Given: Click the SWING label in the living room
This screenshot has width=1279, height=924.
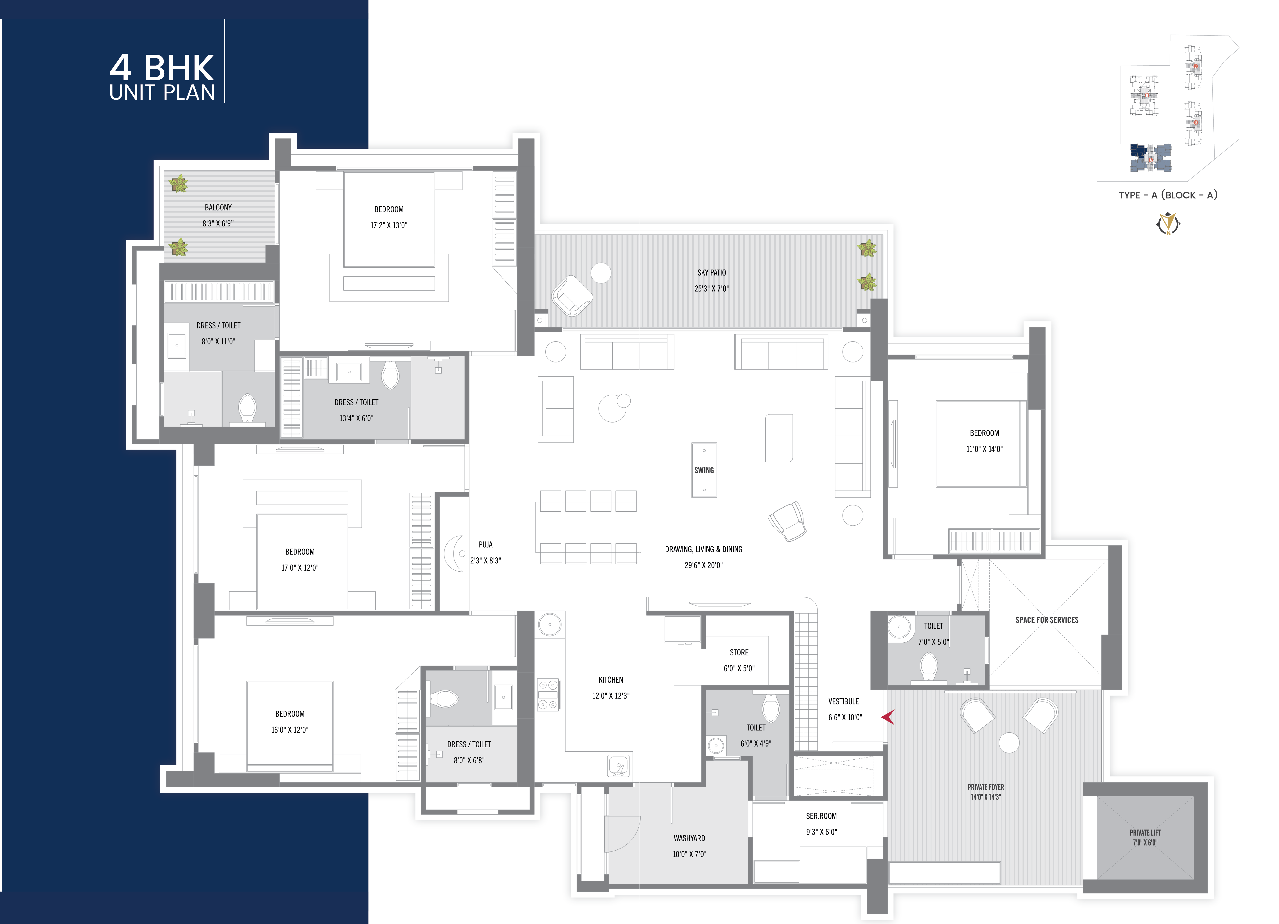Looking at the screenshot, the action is click(x=704, y=470).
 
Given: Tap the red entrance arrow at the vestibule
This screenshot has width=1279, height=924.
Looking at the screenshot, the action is click(x=888, y=717).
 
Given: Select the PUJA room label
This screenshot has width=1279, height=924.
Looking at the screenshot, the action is click(x=485, y=544).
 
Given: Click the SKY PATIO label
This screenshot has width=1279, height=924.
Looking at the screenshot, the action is click(x=712, y=272).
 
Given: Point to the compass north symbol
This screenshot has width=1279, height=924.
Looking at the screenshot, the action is click(x=1168, y=223).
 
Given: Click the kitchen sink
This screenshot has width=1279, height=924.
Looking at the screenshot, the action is click(x=619, y=766).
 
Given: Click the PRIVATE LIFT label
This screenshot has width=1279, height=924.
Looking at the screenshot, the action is click(x=1145, y=833).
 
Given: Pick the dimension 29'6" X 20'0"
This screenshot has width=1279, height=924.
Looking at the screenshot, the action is click(x=703, y=565).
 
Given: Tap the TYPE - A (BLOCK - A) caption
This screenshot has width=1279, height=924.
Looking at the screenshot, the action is click(x=1168, y=195).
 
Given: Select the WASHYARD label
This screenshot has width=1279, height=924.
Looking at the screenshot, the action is click(x=689, y=838).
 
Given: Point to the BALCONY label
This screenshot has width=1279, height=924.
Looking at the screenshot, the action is click(x=218, y=207).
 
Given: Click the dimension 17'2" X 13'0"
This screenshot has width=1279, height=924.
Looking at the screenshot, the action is click(x=389, y=225).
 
